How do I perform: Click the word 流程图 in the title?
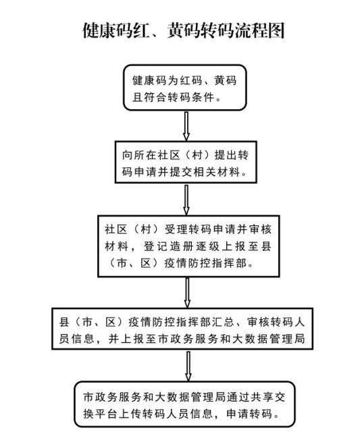(x=260, y=30)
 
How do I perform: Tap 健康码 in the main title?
(x=107, y=30)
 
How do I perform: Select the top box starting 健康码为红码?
(x=185, y=88)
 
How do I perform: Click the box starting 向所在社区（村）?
(x=186, y=162)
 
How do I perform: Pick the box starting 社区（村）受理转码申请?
(x=188, y=246)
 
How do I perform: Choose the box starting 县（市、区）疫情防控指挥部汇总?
(x=182, y=329)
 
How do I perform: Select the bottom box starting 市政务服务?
(x=184, y=404)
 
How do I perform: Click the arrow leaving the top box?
(x=186, y=126)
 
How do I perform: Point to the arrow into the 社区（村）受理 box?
(x=186, y=200)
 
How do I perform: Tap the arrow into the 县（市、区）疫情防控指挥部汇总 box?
(x=187, y=292)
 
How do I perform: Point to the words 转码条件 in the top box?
(x=190, y=97)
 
